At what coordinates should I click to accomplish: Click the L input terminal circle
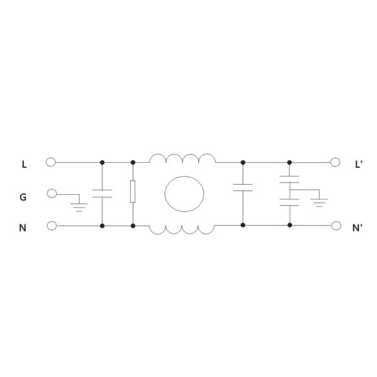click(x=51, y=162)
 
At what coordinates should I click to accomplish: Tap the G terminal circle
click(x=52, y=194)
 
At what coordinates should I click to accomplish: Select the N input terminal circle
click(x=52, y=226)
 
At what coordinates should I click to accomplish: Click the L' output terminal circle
click(x=335, y=162)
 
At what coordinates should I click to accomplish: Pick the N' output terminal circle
click(x=336, y=226)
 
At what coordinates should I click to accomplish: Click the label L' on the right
click(x=359, y=165)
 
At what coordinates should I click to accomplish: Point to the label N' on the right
click(x=357, y=228)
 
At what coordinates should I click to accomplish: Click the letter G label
click(x=23, y=197)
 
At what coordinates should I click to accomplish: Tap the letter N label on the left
click(x=23, y=228)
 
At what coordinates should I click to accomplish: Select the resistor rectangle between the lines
click(x=133, y=192)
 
